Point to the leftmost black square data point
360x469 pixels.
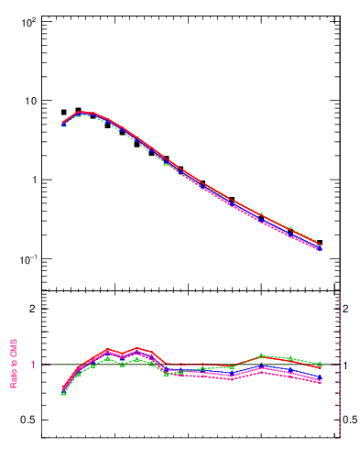[64, 112]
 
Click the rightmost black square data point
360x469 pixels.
[320, 243]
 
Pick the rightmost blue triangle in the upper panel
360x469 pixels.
[320, 248]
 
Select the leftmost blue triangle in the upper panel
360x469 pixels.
[64, 124]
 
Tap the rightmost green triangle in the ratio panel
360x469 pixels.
[320, 365]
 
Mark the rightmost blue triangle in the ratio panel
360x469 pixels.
[320, 376]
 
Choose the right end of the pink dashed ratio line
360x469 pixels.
[320, 383]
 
